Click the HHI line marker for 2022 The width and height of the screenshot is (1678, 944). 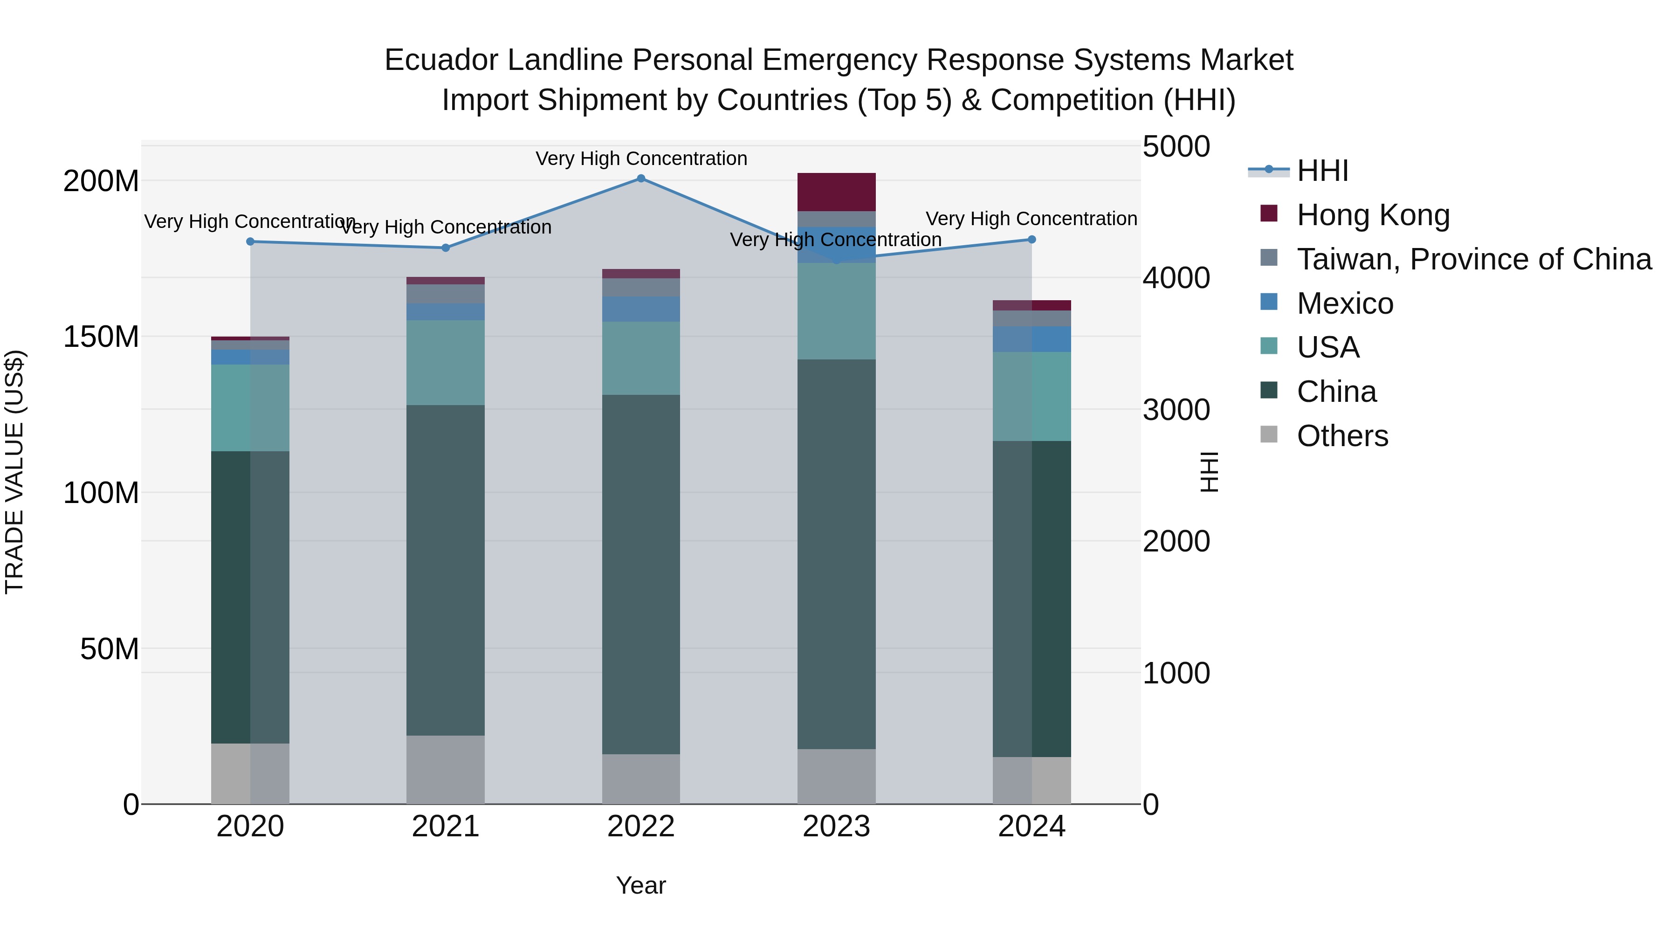(641, 179)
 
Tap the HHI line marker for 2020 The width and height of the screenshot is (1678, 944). (250, 241)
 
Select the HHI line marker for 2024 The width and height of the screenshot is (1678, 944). (1032, 240)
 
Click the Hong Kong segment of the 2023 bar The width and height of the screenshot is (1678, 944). (836, 192)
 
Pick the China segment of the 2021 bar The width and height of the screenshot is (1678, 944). (446, 570)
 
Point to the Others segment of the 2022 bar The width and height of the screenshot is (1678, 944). (641, 779)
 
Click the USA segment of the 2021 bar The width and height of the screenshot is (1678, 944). (446, 362)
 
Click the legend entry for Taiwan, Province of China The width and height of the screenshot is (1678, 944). (1473, 259)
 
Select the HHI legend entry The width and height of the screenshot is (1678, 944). (1322, 171)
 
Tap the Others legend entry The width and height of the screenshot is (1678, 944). (1342, 436)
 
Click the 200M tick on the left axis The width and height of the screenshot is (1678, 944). (101, 181)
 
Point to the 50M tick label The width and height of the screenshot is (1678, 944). (110, 649)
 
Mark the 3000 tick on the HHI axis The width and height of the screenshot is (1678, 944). (1176, 410)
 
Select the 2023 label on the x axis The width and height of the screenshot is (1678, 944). (836, 827)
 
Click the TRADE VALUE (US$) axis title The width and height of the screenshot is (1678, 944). (14, 472)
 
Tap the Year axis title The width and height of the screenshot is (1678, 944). (641, 885)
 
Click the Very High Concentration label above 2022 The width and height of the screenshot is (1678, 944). (641, 158)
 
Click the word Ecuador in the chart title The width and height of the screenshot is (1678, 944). (441, 60)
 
